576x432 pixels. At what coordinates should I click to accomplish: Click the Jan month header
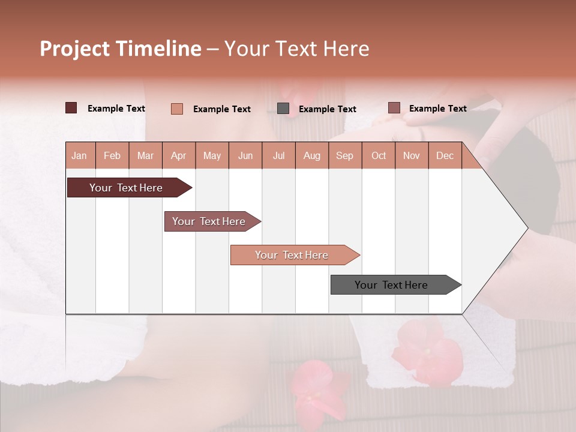[x=79, y=156]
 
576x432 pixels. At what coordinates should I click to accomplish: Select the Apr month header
[x=179, y=156]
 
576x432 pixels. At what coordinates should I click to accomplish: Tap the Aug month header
[x=312, y=156]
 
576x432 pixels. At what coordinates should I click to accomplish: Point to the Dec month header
[x=445, y=156]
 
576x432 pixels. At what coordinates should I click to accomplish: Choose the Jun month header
[x=245, y=156]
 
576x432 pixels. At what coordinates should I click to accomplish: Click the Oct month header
[x=379, y=156]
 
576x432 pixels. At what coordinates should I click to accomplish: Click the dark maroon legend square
[x=71, y=108]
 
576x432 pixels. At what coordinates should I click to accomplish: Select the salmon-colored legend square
[x=177, y=109]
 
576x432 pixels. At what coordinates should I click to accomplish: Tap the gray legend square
[x=283, y=109]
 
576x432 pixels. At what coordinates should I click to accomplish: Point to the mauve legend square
[x=394, y=108]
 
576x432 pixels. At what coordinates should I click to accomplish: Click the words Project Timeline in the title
[x=120, y=49]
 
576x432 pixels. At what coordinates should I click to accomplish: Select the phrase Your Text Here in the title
[x=296, y=49]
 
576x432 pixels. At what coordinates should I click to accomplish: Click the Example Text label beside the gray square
[x=327, y=109]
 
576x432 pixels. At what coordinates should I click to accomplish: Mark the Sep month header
[x=345, y=156]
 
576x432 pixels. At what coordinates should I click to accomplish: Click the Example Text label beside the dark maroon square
[x=116, y=109]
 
